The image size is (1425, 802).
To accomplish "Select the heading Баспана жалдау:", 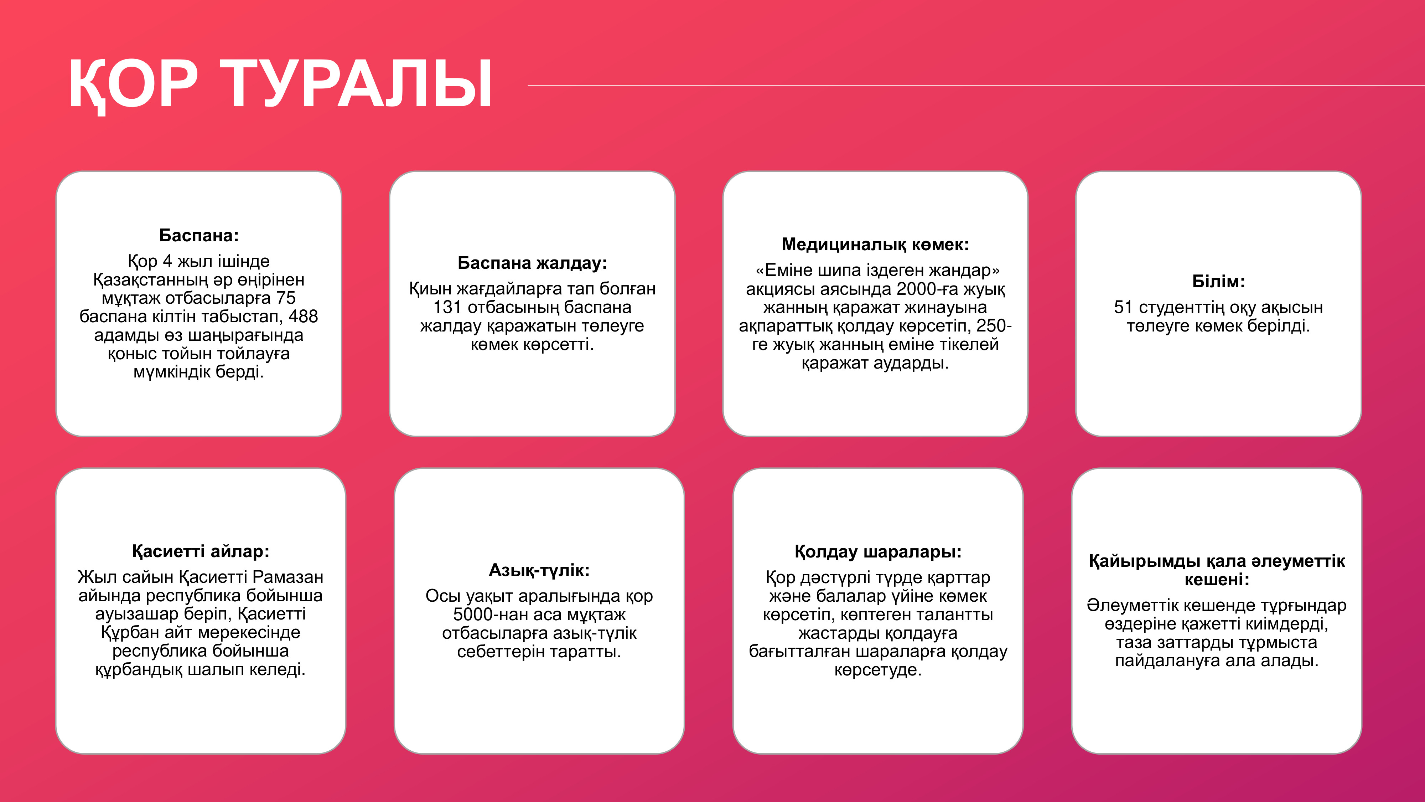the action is (532, 263).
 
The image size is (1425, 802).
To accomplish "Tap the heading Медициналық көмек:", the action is (875, 244).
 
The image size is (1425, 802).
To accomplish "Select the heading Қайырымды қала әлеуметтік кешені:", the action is (1217, 570).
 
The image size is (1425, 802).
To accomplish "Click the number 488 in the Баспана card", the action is (303, 317).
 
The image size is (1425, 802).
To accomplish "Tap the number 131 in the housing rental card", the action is (447, 307).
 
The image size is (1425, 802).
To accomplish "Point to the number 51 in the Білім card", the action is (1124, 307).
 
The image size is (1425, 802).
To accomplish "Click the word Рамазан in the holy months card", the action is (287, 577).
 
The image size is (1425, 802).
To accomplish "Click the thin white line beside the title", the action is (976, 86).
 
